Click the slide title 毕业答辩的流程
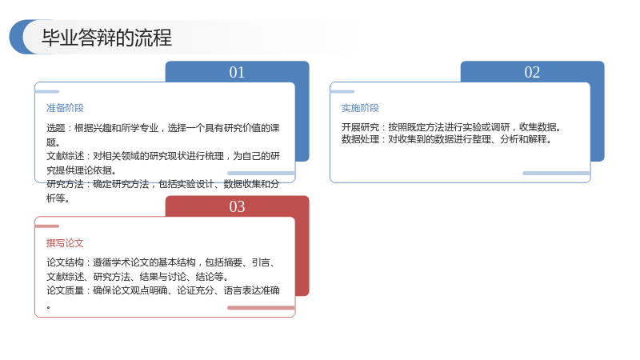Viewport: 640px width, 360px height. (x=106, y=38)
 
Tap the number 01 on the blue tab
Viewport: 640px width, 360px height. (x=237, y=72)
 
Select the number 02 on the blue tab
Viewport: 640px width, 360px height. (x=532, y=72)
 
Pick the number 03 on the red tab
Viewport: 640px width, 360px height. (x=237, y=206)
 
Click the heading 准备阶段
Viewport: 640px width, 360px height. (x=65, y=108)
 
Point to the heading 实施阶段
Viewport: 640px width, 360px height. (x=360, y=108)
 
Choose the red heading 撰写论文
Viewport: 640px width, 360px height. (x=65, y=243)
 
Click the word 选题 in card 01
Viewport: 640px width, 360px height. (x=55, y=128)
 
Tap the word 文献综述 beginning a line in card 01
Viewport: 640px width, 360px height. (x=65, y=156)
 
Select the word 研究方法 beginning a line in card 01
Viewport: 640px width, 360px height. (x=65, y=184)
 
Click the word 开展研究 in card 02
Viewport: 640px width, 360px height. (x=360, y=127)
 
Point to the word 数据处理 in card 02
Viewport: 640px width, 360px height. (x=360, y=139)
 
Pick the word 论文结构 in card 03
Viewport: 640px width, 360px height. (x=65, y=262)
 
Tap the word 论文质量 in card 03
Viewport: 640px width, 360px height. (x=65, y=290)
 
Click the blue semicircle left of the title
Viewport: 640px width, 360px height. (x=17, y=37)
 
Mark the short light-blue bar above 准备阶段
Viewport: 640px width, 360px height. (x=47, y=91)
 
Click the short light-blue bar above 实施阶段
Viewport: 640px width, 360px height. (x=342, y=91)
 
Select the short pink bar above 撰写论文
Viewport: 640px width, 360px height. (x=47, y=226)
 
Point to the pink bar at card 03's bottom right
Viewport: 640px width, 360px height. (x=261, y=308)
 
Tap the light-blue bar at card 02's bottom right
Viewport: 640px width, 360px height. (x=556, y=174)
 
